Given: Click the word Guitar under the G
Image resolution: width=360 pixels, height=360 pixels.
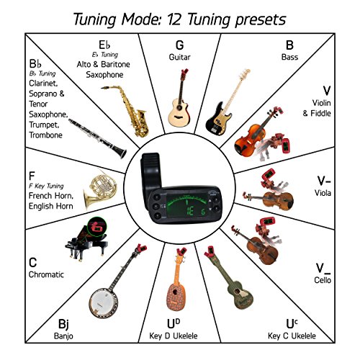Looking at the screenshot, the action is coord(179,57).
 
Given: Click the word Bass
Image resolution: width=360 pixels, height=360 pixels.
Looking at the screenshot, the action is coord(289,57).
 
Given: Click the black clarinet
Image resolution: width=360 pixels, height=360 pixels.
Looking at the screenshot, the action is coord(97,138).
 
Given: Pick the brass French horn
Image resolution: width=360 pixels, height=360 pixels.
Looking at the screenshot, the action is coord(100,189).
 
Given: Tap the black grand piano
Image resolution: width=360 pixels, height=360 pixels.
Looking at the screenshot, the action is coord(86,241).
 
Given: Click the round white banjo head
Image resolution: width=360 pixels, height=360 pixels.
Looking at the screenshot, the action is coord(104,303).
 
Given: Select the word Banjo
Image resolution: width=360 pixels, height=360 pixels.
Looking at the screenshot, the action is coord(63,336).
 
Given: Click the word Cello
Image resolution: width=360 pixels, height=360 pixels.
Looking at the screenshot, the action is coord(323,280).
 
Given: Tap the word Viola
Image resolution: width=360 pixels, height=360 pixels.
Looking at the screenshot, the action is coord(323,193).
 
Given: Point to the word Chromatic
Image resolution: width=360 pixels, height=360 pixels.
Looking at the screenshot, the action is coord(46,274).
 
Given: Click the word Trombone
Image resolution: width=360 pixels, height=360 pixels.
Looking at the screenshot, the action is coord(45,135).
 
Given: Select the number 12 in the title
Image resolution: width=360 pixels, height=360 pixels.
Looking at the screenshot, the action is coord(174,19).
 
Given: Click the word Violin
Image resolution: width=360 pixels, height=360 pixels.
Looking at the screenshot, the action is coord(321,103).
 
